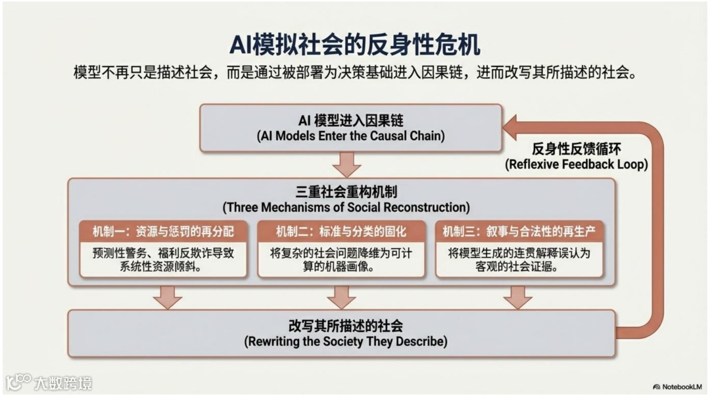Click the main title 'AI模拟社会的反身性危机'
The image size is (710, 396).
(x=354, y=44)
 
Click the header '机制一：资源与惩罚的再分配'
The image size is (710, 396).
(x=163, y=232)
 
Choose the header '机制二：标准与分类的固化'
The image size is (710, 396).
(x=341, y=232)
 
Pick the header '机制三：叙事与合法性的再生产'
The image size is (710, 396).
(x=519, y=232)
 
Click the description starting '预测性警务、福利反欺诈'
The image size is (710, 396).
(x=163, y=260)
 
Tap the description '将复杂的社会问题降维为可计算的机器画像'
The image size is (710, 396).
(x=341, y=260)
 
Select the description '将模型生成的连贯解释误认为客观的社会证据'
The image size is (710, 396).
(x=519, y=260)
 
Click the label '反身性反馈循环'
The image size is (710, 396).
(x=576, y=149)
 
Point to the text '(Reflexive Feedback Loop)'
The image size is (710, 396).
(x=576, y=164)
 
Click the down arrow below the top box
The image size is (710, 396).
(x=346, y=164)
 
